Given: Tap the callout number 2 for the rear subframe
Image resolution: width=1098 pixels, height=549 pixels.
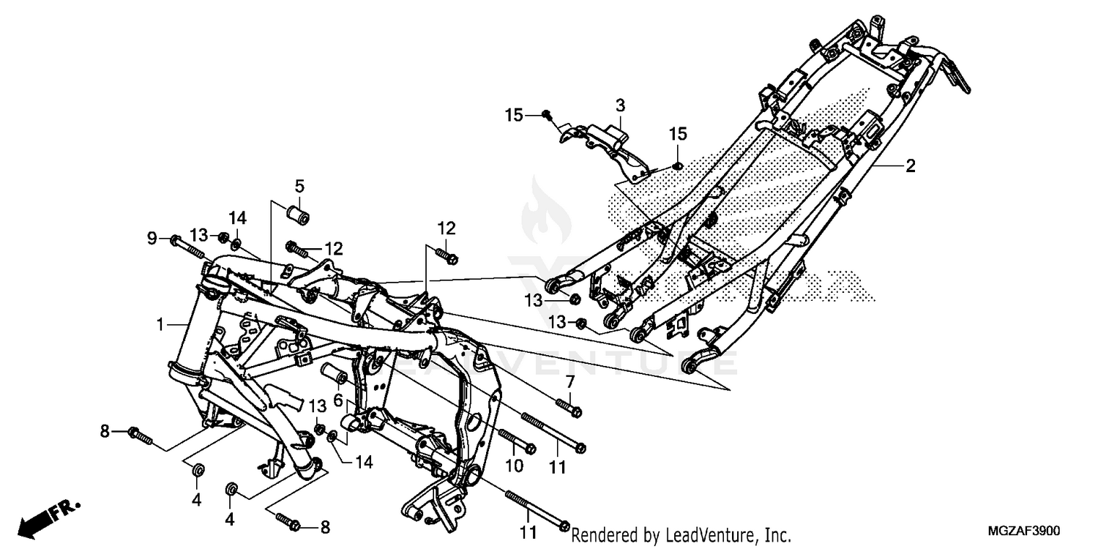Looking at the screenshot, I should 910,166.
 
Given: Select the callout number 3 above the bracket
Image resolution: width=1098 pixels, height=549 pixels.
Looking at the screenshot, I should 619,104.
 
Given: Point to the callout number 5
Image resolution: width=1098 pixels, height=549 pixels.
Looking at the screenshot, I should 299,184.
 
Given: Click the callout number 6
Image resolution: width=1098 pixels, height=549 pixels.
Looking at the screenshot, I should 338,400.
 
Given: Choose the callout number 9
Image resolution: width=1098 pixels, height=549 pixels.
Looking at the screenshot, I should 152,237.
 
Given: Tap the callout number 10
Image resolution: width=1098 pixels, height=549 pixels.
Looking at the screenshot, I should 513,466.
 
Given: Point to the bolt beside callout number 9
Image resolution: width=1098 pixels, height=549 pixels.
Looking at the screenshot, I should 187,247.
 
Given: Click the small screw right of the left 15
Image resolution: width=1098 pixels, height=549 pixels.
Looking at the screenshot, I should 547,114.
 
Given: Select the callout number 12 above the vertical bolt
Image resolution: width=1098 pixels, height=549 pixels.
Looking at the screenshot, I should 447,227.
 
